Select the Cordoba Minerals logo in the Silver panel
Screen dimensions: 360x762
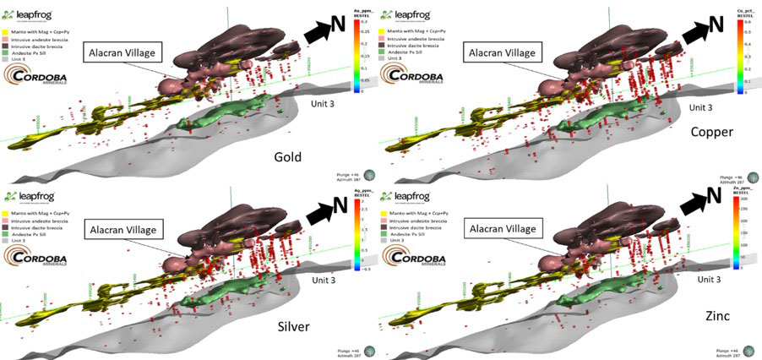(x=37, y=252)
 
